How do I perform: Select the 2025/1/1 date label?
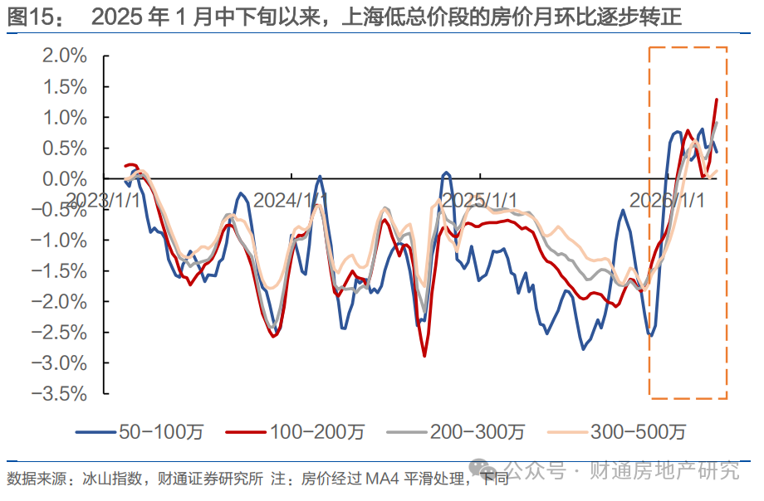tap(479, 200)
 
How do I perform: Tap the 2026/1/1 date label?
tap(667, 200)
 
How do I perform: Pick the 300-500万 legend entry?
tap(638, 431)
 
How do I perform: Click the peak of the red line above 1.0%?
tap(716, 100)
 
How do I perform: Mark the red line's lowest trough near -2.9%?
tap(424, 356)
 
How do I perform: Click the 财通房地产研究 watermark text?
tap(664, 471)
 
